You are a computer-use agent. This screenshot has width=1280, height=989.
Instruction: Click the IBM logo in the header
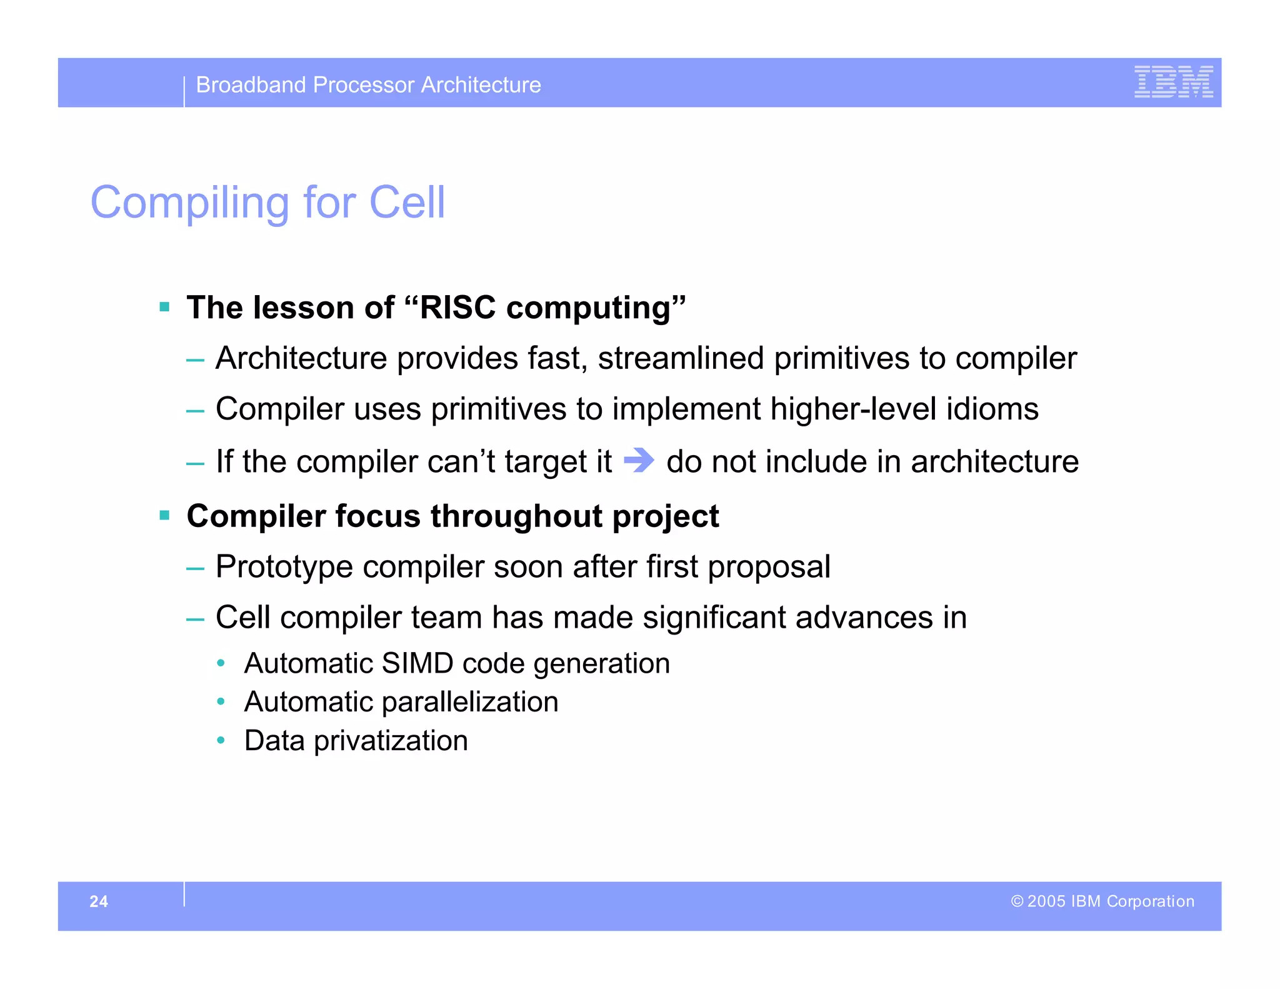pos(1173,82)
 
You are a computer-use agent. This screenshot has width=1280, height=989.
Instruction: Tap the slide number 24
pos(99,901)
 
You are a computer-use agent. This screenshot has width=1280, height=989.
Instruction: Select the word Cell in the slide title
pos(407,203)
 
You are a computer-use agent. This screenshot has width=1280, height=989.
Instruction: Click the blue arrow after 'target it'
pos(639,461)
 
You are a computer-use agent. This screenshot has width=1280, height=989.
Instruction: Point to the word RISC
pos(457,308)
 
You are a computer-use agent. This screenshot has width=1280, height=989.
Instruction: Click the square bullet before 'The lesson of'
pos(165,307)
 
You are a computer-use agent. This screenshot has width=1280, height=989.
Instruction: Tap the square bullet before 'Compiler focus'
pos(165,516)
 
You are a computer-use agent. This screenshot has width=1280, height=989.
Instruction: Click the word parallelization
pos(470,702)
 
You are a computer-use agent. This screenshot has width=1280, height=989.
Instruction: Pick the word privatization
pos(391,741)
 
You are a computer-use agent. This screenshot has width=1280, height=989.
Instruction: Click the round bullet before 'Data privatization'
pos(221,741)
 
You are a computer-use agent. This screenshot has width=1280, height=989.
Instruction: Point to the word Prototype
pos(284,567)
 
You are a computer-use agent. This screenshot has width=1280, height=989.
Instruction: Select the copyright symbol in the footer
pos(1017,901)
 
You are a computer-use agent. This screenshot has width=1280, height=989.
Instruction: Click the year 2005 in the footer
pos(1046,901)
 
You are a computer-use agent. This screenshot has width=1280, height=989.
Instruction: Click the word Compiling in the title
pos(190,203)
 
